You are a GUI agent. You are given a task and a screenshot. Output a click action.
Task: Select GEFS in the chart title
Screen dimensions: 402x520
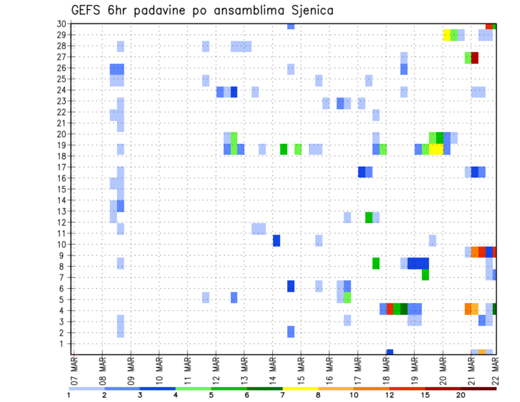[86, 10]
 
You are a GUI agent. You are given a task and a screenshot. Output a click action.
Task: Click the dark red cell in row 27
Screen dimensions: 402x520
[475, 57]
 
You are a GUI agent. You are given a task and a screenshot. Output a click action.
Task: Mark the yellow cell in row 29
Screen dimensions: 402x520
[447, 35]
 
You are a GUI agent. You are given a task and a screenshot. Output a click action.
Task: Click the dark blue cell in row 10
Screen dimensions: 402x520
[276, 240]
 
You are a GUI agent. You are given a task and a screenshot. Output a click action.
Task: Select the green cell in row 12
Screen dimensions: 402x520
[369, 217]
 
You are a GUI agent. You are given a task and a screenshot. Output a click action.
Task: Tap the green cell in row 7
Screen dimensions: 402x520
[425, 275]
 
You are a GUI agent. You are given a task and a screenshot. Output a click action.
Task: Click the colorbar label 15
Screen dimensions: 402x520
[425, 395]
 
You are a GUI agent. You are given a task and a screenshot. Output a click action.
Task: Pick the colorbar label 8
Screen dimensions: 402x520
[317, 395]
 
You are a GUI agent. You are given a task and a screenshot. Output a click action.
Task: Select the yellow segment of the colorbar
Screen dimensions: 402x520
[300, 388]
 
